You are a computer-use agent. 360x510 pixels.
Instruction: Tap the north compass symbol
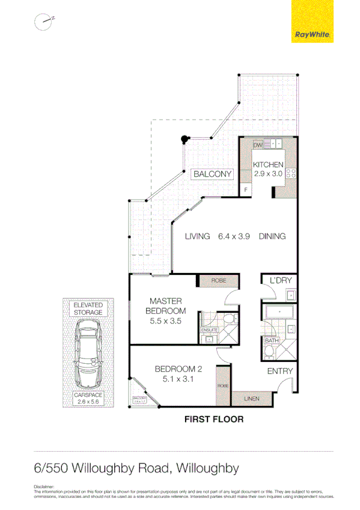coord(44,22)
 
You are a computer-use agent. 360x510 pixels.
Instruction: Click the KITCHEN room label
coord(267,165)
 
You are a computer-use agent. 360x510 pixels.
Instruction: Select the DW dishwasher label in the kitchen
coord(258,145)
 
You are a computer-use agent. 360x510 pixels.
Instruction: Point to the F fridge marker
coord(245,191)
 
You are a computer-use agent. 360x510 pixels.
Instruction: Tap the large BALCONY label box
coord(212,174)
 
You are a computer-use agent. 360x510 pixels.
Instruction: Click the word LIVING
coord(197,236)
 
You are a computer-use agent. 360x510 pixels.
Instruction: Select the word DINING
coord(272,236)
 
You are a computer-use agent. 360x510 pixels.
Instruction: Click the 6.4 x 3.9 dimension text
coord(234,236)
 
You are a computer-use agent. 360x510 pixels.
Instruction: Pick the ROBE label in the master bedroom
coord(218,281)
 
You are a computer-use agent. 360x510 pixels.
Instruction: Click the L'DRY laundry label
coord(280,281)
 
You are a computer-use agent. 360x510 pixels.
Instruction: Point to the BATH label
coord(272,341)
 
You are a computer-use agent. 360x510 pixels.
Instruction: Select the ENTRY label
coord(279,371)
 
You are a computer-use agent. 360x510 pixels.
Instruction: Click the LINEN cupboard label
coord(252,398)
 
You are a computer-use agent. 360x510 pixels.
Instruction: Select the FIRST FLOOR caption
coord(213,419)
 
